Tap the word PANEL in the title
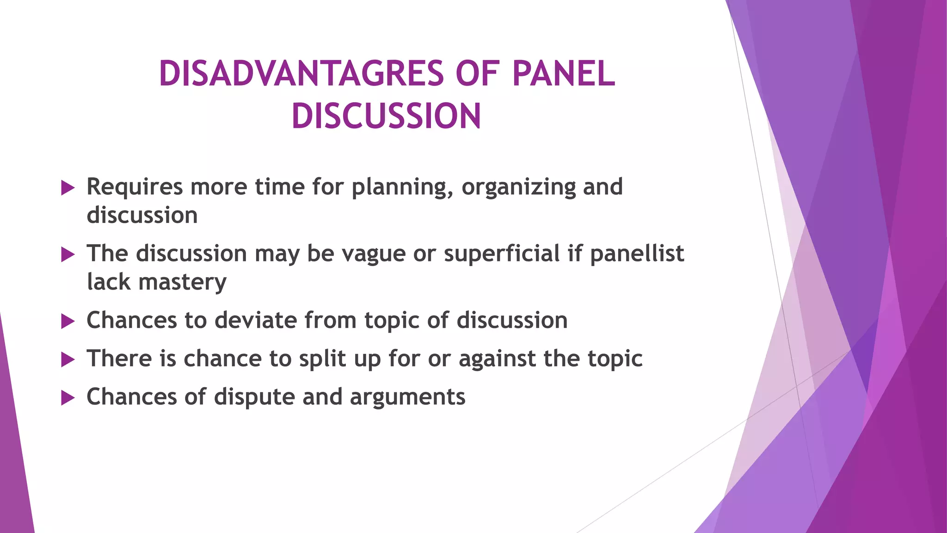pyautogui.click(x=564, y=74)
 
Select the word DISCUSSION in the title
pyautogui.click(x=387, y=116)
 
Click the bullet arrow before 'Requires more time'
pyautogui.click(x=68, y=188)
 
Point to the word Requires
pyautogui.click(x=135, y=187)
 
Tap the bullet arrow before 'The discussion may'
pyautogui.click(x=68, y=254)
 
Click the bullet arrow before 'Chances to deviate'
pyautogui.click(x=68, y=321)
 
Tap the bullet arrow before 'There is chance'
pyautogui.click(x=68, y=359)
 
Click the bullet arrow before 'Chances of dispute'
pyautogui.click(x=68, y=398)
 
